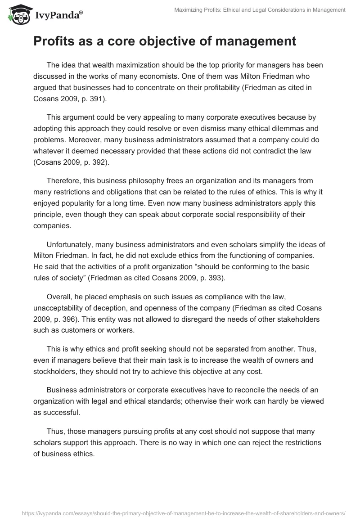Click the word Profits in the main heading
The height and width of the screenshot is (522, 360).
coord(53,41)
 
